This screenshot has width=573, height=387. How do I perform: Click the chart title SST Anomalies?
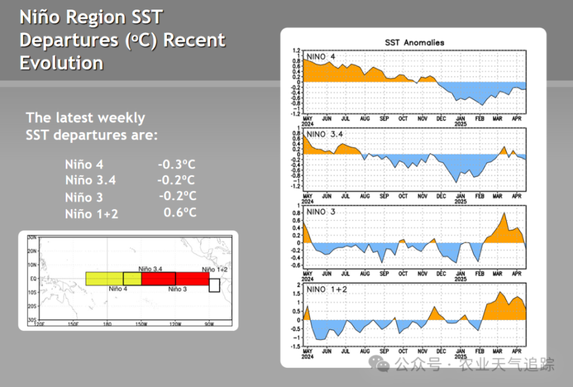414,42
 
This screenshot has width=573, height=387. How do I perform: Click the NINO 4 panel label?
321,57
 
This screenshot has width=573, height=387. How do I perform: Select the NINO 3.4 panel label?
325,134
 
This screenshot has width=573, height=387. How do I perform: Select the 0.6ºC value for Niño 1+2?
180,212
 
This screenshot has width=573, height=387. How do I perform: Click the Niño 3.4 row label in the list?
91,180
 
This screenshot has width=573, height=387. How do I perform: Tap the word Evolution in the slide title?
61,63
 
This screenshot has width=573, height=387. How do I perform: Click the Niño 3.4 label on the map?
150,269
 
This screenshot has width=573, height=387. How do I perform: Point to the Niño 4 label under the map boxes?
118,289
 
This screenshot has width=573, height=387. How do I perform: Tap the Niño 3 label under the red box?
178,289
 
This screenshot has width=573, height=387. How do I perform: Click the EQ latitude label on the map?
33,278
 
